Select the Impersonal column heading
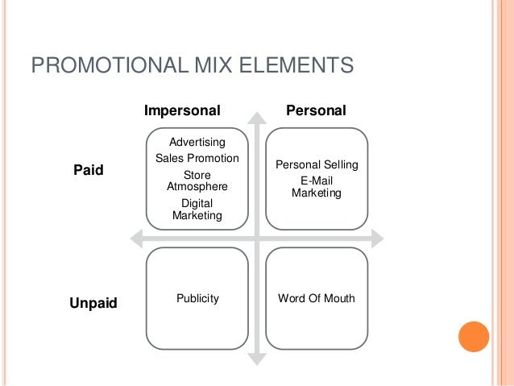[182, 110]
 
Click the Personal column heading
[317, 110]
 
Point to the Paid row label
[89, 171]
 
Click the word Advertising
[197, 143]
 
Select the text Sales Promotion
[197, 158]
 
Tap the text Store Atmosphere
[197, 181]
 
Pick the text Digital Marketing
[197, 210]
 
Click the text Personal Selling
[317, 165]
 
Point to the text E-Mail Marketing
[317, 187]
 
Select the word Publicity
[197, 298]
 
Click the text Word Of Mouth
[317, 298]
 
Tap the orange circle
[473, 337]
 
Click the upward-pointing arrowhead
[257, 118]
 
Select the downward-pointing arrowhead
[257, 359]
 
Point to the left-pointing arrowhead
[136, 239]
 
